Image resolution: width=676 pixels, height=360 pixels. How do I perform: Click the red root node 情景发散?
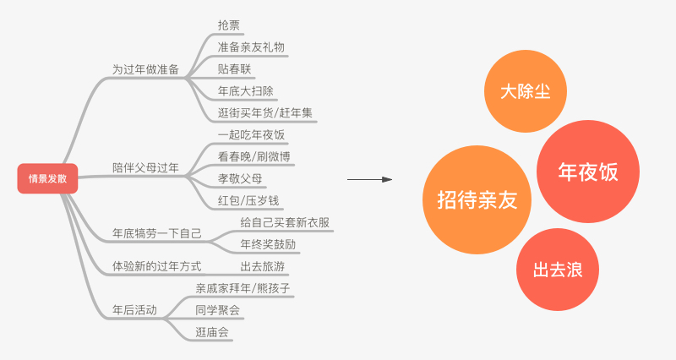coord(47,178)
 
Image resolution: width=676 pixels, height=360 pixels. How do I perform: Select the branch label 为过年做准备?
coord(145,69)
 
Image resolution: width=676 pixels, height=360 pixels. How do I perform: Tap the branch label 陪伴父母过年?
coord(145,167)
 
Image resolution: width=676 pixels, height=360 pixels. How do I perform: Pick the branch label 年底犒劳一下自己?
coord(156,232)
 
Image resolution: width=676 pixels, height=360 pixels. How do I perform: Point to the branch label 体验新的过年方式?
coord(156,266)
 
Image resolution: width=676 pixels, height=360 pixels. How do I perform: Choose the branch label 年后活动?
coord(134,310)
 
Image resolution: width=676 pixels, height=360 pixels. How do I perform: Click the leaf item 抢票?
coord(228,25)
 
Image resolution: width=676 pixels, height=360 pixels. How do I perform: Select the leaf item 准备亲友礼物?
coord(251,47)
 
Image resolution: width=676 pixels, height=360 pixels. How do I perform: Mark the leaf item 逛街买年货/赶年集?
coord(265,113)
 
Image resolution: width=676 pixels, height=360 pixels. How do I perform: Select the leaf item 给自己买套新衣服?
coord(284,222)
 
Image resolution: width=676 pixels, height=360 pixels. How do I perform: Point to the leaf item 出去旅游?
coord(262,266)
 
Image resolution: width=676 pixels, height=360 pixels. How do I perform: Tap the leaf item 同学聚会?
coord(217,310)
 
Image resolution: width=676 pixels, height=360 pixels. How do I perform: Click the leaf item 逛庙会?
coord(211,332)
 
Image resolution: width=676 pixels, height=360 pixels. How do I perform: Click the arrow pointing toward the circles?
coord(369,179)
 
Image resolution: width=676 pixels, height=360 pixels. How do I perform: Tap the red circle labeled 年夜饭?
coord(588,172)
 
